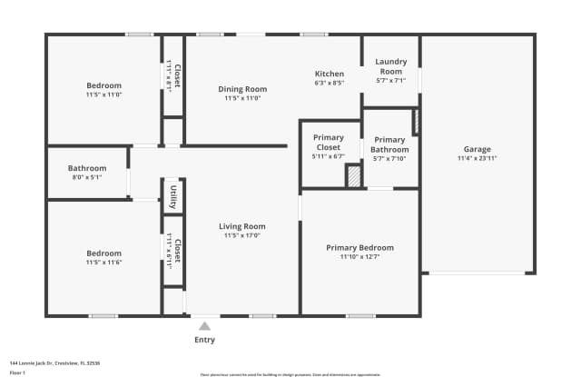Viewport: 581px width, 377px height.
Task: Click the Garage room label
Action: [477, 149]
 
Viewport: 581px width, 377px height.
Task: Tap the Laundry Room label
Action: [390, 66]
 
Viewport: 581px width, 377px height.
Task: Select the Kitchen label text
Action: [329, 74]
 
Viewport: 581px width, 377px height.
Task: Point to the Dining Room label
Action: [242, 89]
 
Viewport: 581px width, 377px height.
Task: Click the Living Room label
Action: [241, 226]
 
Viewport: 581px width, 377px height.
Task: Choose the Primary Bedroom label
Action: [360, 247]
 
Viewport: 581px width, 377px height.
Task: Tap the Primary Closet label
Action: [328, 142]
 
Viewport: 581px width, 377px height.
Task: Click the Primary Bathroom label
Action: [390, 144]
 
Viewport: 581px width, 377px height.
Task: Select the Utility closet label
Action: [173, 194]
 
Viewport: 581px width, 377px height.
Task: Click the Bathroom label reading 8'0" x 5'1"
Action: [87, 168]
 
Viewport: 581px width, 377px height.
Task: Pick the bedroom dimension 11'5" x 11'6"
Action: [103, 263]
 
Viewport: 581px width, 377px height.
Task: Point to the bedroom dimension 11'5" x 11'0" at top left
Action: [103, 94]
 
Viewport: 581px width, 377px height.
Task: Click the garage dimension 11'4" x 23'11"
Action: [477, 158]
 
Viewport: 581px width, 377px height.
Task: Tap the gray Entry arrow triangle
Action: [204, 325]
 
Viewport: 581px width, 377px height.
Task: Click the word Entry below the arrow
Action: [204, 340]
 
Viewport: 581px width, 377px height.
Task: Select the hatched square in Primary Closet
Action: [353, 177]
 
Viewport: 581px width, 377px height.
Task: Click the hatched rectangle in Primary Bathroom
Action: [416, 121]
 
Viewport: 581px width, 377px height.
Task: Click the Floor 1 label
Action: [17, 372]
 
